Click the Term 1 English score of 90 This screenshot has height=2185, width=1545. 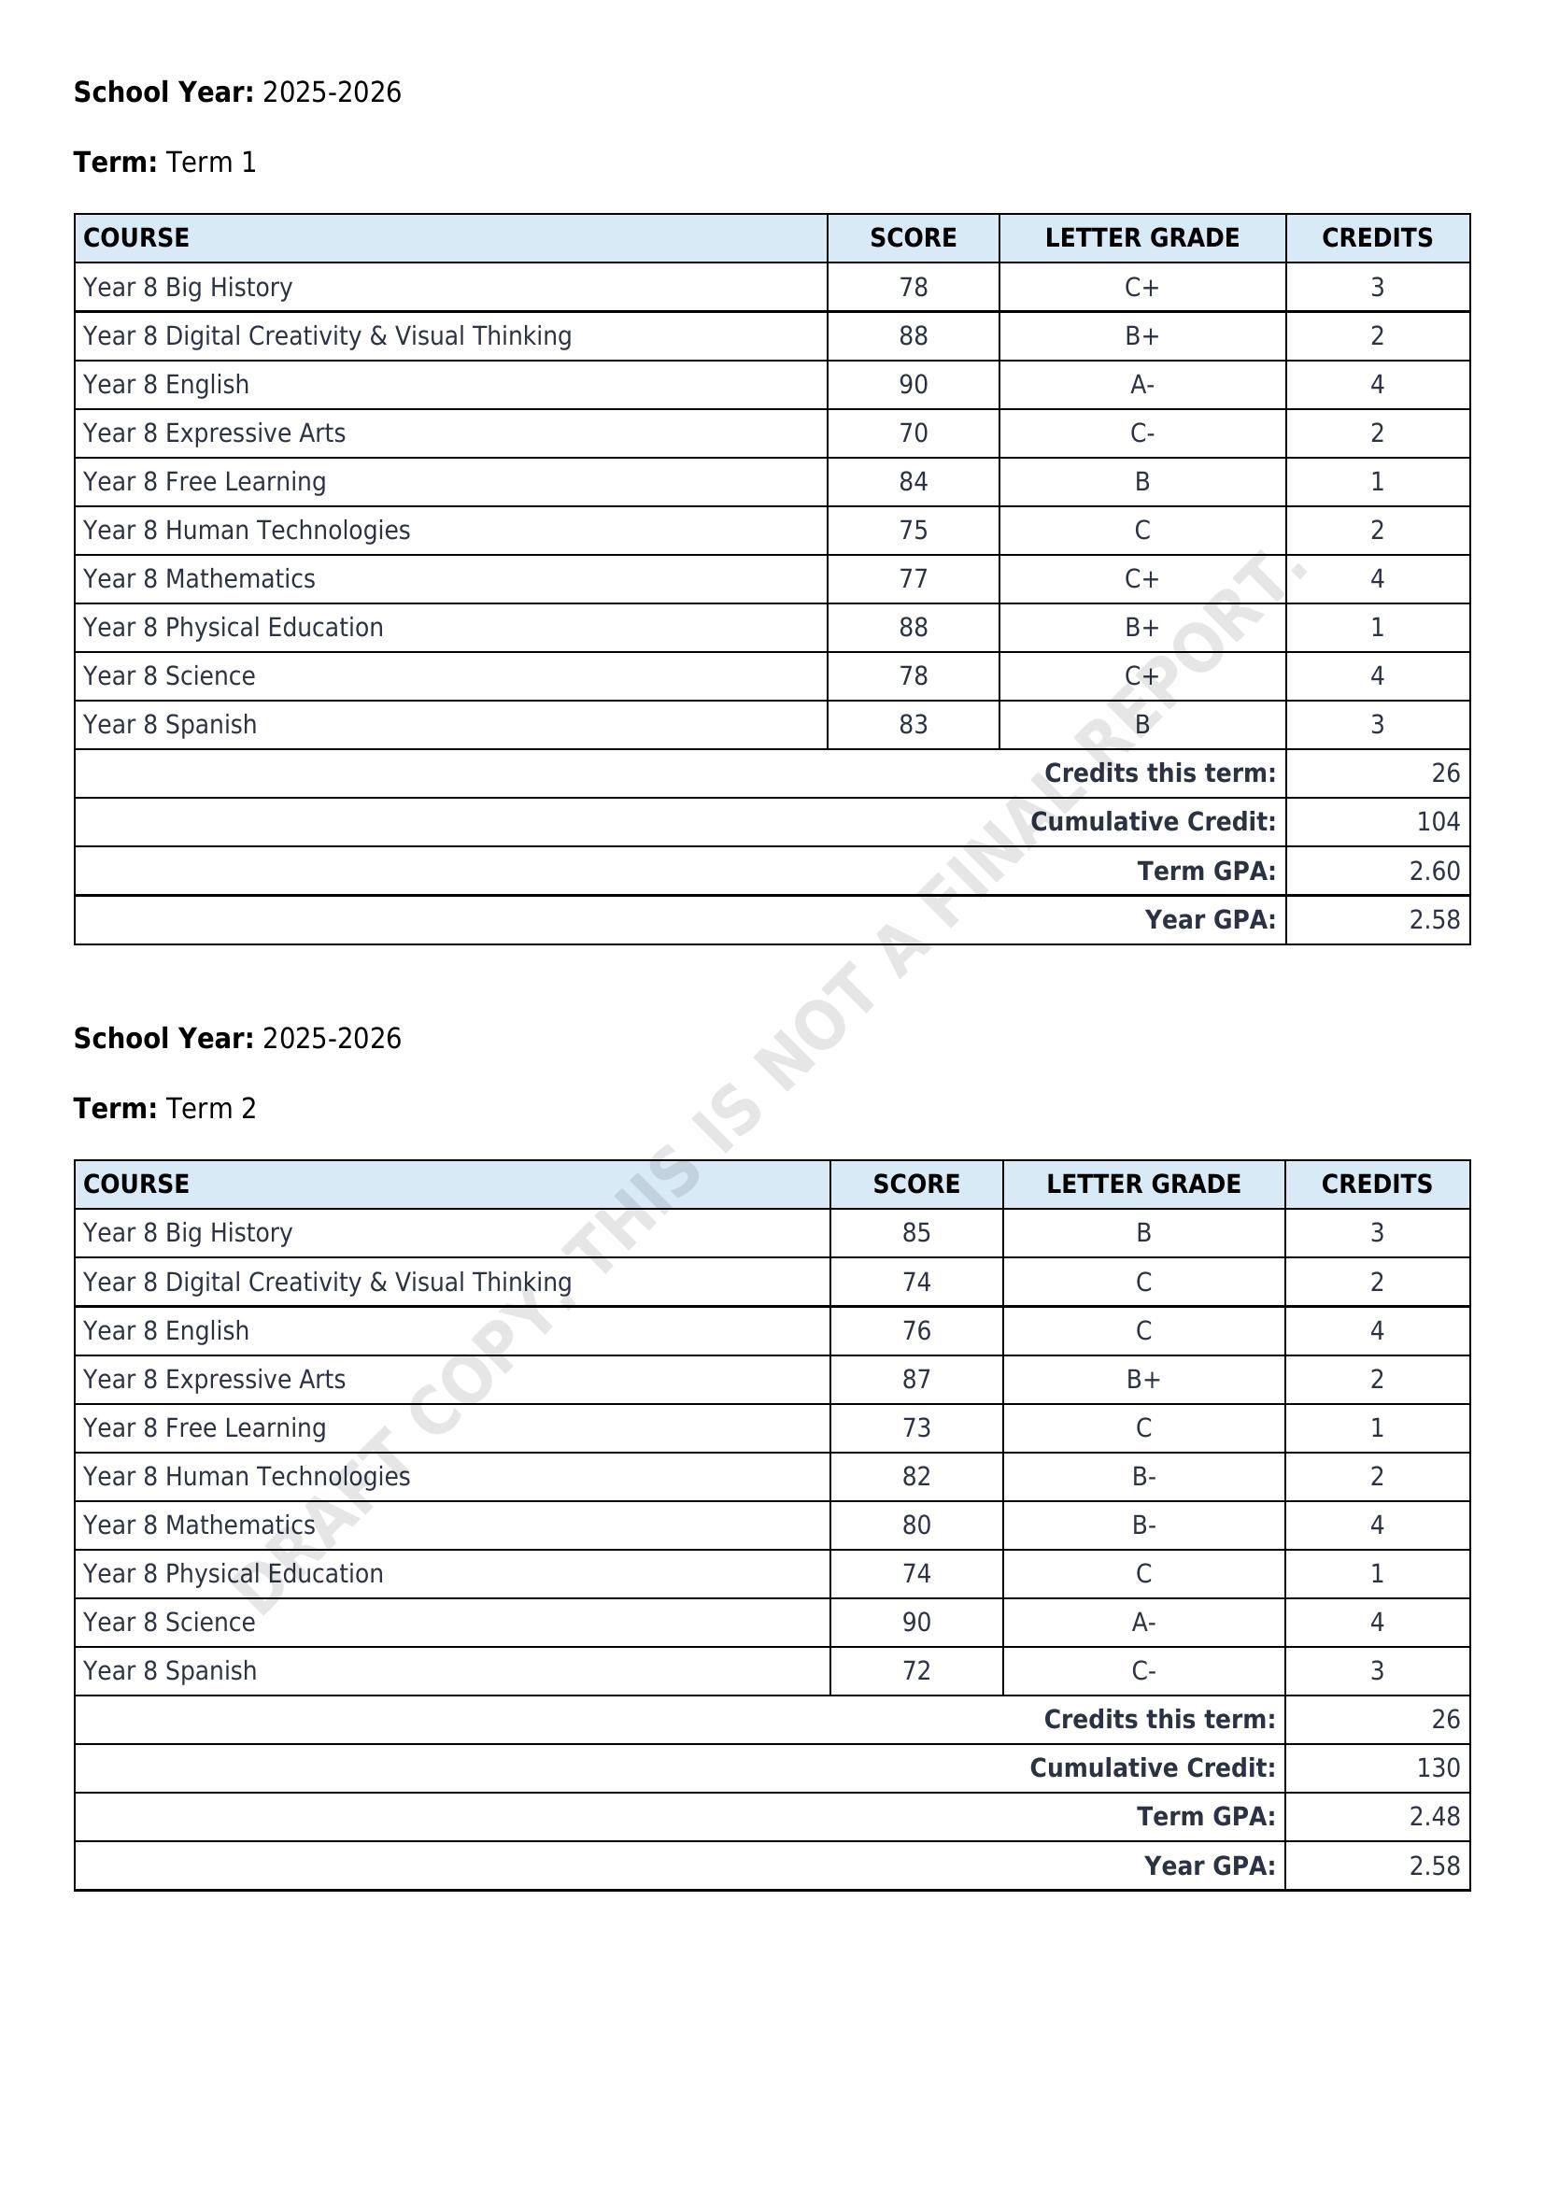click(913, 385)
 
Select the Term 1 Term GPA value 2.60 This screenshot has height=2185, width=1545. click(1434, 871)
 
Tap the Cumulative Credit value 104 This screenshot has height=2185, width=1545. click(1438, 821)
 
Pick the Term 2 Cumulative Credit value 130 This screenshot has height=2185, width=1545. click(1438, 1767)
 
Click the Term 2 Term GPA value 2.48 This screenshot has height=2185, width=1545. click(1434, 1816)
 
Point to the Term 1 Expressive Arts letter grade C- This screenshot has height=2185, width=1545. click(1141, 433)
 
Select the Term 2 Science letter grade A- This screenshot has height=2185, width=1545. click(1143, 1622)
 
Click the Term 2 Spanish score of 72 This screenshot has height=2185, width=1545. click(916, 1670)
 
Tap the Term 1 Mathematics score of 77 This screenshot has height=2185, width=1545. click(913, 578)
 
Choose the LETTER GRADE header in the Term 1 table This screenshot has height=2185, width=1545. click(1141, 238)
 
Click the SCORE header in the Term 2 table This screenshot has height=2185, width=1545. click(916, 1184)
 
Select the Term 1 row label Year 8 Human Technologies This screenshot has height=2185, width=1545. click(247, 530)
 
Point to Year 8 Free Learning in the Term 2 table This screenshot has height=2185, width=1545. click(205, 1427)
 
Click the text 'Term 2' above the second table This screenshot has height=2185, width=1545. click(210, 1109)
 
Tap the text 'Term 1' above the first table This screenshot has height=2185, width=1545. click(210, 163)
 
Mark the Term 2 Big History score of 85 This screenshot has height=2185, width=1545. click(916, 1232)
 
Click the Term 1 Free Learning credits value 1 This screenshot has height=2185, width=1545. click(1377, 481)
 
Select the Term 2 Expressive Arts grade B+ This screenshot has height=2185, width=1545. click(1143, 1379)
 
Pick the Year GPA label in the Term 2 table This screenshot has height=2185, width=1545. click(1208, 1866)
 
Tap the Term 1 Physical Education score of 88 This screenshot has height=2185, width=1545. click(913, 627)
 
